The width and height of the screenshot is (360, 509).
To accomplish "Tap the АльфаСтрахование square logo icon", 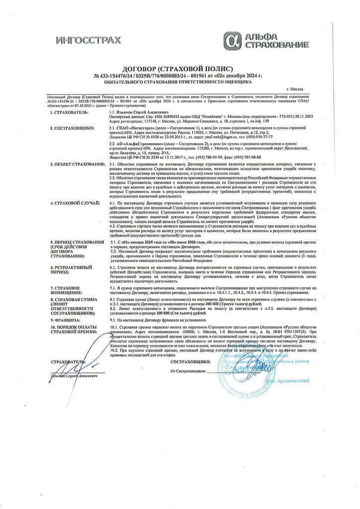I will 232,40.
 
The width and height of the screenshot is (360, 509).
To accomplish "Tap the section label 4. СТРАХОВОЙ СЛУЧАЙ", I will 74,203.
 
